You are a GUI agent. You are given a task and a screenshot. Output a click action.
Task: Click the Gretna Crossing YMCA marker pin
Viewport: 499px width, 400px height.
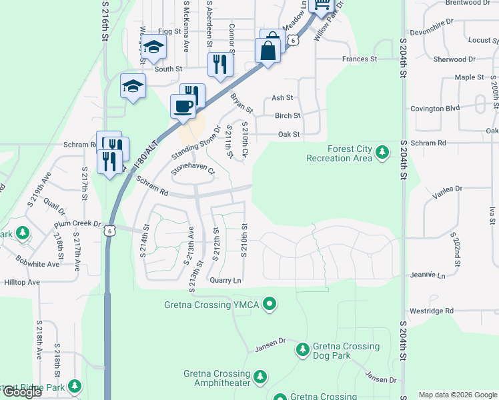(270, 305)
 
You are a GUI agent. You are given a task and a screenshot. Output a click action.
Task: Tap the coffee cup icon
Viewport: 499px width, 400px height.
(183, 105)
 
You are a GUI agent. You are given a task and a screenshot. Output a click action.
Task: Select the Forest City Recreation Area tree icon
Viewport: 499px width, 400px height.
(382, 153)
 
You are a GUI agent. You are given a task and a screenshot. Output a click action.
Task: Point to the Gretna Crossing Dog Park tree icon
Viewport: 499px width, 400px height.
(303, 349)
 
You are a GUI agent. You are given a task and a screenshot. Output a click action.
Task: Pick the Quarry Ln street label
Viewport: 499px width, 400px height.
(225, 281)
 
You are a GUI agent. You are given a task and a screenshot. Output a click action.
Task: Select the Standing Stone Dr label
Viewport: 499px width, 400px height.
(195, 143)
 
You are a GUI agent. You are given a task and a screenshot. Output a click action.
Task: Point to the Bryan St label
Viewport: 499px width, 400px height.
(241, 103)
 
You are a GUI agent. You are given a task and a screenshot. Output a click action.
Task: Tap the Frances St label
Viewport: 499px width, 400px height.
(360, 59)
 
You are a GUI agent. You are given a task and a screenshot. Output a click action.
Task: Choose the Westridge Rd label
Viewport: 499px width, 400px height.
(431, 311)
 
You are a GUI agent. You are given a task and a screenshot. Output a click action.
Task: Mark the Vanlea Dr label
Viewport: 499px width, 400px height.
(447, 189)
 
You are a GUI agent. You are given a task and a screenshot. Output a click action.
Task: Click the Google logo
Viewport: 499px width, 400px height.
(22, 392)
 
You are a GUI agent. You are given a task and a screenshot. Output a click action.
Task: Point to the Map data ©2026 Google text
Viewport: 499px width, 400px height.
(458, 395)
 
